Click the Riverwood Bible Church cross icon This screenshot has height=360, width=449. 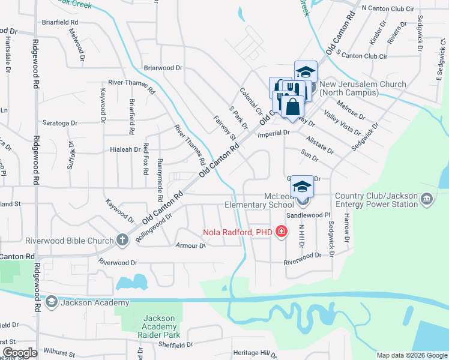point(122,241)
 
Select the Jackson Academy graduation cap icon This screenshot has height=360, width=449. point(52,302)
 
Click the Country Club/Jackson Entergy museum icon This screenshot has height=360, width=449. point(426,199)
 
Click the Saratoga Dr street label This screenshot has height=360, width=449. point(59,123)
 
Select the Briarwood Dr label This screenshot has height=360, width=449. point(162,68)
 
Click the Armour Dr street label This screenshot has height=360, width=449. point(190,245)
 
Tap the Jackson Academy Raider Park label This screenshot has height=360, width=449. point(160,326)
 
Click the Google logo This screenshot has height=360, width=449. point(20,353)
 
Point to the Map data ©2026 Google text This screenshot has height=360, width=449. point(412,355)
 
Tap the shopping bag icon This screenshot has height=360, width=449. point(292,107)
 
